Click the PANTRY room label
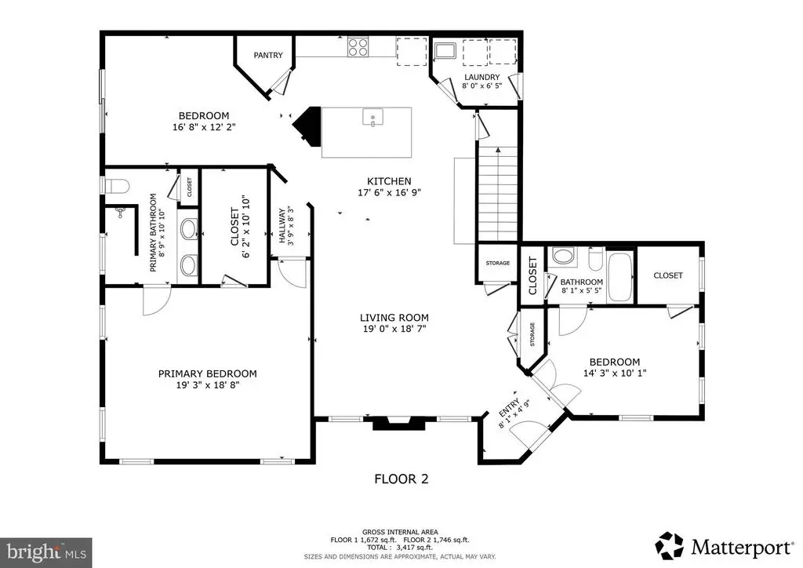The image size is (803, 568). [x=268, y=56]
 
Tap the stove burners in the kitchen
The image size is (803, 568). [x=358, y=46]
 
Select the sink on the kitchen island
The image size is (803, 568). [x=372, y=118]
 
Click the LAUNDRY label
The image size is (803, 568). [x=482, y=78]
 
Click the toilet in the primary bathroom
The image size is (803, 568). [x=115, y=185]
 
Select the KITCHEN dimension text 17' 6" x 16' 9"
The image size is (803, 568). [x=389, y=192]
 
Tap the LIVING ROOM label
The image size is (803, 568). [x=394, y=318]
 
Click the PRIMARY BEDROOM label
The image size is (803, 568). [x=207, y=374]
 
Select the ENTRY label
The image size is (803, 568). [x=508, y=407]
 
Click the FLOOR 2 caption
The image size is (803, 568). [x=401, y=479]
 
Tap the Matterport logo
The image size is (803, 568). [x=724, y=547]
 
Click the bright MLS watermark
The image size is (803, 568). [x=46, y=552]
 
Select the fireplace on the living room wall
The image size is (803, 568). [x=398, y=424]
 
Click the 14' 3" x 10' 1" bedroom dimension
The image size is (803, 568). [x=615, y=373]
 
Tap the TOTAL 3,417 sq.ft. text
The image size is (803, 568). [x=400, y=548]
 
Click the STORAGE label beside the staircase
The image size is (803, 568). [x=498, y=264]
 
